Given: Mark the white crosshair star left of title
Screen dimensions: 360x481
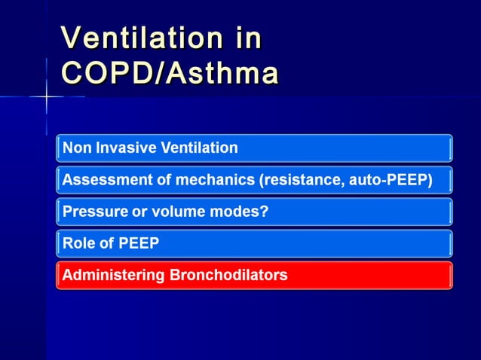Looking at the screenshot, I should (x=47, y=97).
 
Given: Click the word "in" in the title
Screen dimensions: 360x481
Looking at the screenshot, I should (x=245, y=38).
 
